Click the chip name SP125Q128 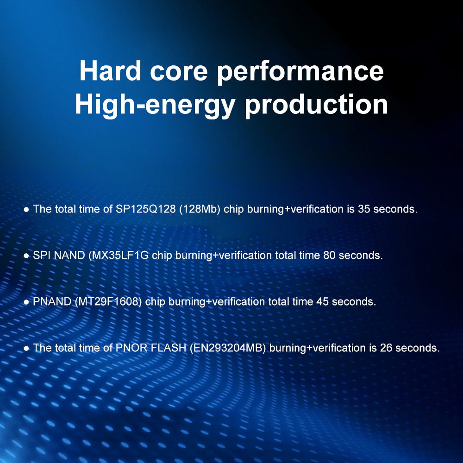coord(145,209)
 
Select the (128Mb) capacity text coord(200,209)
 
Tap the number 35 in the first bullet coord(364,209)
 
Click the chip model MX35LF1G coord(120,256)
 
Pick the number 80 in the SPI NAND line coord(329,256)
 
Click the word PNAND coord(52,301)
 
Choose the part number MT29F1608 coord(108,302)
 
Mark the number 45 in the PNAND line coord(322,301)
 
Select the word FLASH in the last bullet coord(169,348)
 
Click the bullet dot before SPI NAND coord(26,256)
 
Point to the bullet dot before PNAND coord(26,302)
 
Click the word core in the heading coord(179,73)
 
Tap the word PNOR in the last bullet coord(131,348)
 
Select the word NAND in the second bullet coord(70,256)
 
